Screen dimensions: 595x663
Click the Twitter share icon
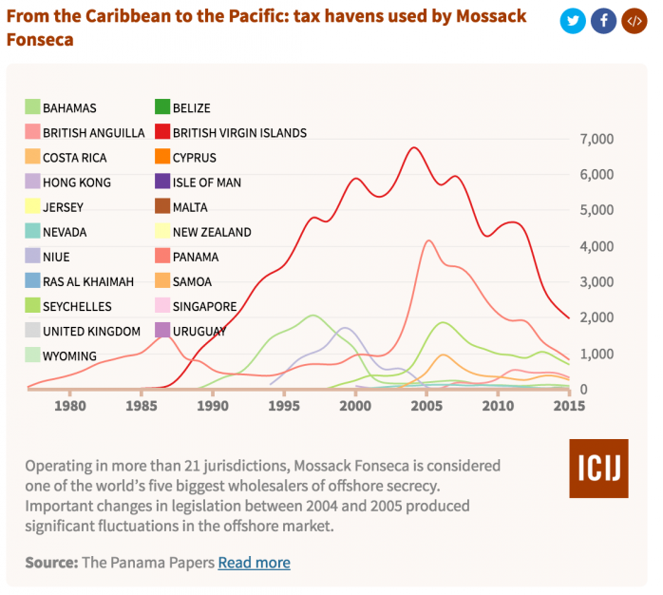572,21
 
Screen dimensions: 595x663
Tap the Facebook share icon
603,21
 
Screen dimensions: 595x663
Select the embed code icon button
634,21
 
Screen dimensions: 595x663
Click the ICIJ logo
598,469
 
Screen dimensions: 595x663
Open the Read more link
254,563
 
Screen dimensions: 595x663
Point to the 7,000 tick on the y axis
596,140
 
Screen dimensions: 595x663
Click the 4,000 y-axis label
596,247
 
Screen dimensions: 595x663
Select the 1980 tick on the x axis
68,407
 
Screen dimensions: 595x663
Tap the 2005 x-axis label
426,407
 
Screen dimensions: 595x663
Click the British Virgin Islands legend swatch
163,133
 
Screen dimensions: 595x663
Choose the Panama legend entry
196,257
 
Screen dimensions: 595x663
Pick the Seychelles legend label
77,306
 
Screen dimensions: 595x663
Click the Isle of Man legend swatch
163,182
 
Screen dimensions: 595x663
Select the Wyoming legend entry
69,355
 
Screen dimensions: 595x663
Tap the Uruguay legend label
199,331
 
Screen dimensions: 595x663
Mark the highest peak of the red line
413,147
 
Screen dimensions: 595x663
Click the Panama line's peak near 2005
429,240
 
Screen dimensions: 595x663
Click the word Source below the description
51,563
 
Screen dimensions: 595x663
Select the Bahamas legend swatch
33,108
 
